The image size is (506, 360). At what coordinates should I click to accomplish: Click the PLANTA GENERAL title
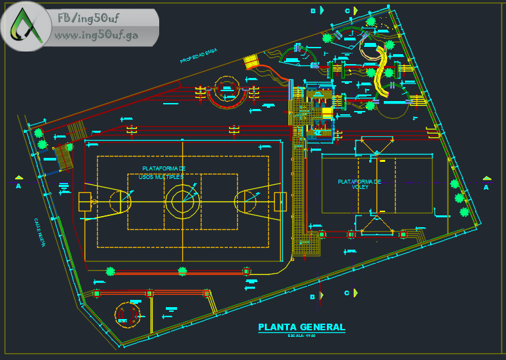(x=301, y=327)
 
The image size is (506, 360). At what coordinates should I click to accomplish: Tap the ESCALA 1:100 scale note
(x=301, y=336)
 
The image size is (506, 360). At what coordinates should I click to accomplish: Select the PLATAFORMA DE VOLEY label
(x=359, y=184)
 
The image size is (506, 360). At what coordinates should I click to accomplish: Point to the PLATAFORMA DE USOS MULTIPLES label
(x=163, y=172)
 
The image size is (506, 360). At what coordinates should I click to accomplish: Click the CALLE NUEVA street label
(x=39, y=232)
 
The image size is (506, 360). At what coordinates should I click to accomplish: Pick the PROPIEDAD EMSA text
(x=199, y=57)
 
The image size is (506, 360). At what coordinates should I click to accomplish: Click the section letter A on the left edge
(x=18, y=187)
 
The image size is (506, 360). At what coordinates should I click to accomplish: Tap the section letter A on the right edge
(x=486, y=187)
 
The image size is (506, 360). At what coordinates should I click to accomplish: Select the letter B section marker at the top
(x=314, y=11)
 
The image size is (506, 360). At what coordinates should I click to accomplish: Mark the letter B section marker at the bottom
(x=313, y=297)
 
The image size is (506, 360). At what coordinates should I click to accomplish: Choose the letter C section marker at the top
(x=347, y=11)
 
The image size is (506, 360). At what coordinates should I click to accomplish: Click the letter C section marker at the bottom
(x=347, y=293)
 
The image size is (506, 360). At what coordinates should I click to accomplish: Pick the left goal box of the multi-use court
(x=85, y=201)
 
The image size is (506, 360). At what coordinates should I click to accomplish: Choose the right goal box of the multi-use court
(x=280, y=201)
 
